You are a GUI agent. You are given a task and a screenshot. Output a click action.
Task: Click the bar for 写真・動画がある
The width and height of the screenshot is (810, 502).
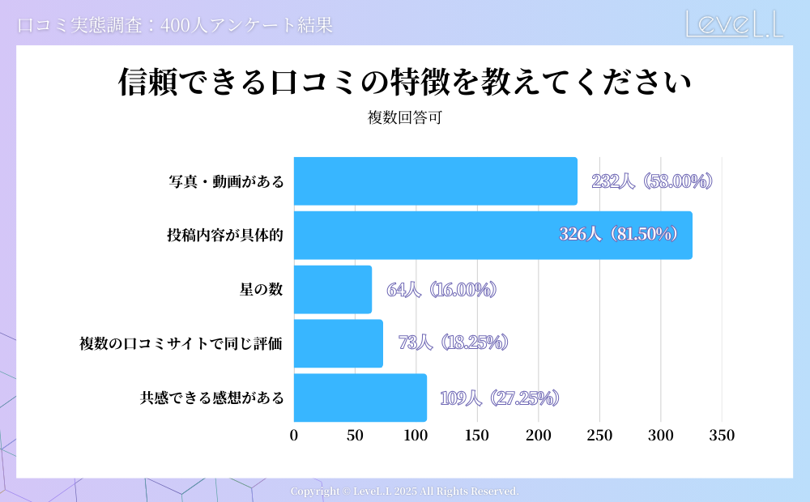[435, 181]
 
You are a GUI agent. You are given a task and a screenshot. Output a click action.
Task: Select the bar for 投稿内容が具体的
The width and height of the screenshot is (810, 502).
[492, 236]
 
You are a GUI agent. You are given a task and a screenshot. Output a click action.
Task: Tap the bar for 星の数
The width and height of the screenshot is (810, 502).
[332, 290]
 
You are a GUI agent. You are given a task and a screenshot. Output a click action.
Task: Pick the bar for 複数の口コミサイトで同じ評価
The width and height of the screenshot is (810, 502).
[338, 344]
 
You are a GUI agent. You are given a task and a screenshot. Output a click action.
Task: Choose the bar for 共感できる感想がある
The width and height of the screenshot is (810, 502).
[360, 398]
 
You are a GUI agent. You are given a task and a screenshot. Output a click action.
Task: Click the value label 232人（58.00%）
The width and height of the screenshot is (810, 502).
[652, 181]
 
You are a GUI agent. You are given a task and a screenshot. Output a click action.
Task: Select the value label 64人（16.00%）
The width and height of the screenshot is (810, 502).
[441, 290]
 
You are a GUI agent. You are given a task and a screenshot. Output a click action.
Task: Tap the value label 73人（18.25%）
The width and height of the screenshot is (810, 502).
[454, 343]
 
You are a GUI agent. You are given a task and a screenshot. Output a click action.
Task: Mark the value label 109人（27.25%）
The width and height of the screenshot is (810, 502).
[500, 398]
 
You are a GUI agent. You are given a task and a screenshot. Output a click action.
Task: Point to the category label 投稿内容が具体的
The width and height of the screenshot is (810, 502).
[225, 236]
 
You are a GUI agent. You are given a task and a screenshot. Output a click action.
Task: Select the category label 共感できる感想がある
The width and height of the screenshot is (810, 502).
[211, 398]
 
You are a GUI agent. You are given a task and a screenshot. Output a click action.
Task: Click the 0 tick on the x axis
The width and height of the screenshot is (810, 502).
[294, 436]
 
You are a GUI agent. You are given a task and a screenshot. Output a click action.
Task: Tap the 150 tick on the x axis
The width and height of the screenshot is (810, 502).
[477, 436]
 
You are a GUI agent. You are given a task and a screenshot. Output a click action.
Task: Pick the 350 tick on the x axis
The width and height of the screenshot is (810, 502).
[722, 436]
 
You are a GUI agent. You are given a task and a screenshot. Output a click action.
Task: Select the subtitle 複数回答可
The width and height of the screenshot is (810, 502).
[405, 117]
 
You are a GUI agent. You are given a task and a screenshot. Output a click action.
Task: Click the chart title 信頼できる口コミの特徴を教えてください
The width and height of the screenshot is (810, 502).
[404, 83]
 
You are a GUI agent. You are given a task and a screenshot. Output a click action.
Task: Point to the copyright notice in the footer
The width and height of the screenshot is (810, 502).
[404, 491]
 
